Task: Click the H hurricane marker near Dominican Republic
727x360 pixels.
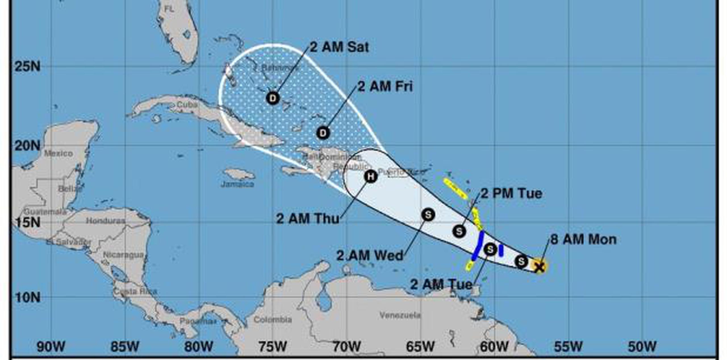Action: [371, 176]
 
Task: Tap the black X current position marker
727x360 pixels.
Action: [539, 267]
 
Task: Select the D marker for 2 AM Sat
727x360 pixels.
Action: [273, 98]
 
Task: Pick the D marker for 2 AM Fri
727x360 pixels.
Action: [323, 133]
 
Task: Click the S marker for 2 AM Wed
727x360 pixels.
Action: [428, 215]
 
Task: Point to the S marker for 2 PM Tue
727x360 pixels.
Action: [459, 231]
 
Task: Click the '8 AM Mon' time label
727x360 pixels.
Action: [584, 240]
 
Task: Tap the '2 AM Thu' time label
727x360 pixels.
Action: [308, 219]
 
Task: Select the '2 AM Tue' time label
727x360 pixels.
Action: [441, 284]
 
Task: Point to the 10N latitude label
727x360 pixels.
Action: [27, 298]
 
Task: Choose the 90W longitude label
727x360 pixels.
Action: [51, 347]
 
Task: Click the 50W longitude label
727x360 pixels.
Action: [642, 347]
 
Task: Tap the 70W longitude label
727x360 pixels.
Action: [346, 347]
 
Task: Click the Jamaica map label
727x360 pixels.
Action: [237, 184]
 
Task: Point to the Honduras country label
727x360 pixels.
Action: [105, 221]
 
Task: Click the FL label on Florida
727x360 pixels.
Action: [169, 9]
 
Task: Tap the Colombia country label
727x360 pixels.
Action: [273, 320]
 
